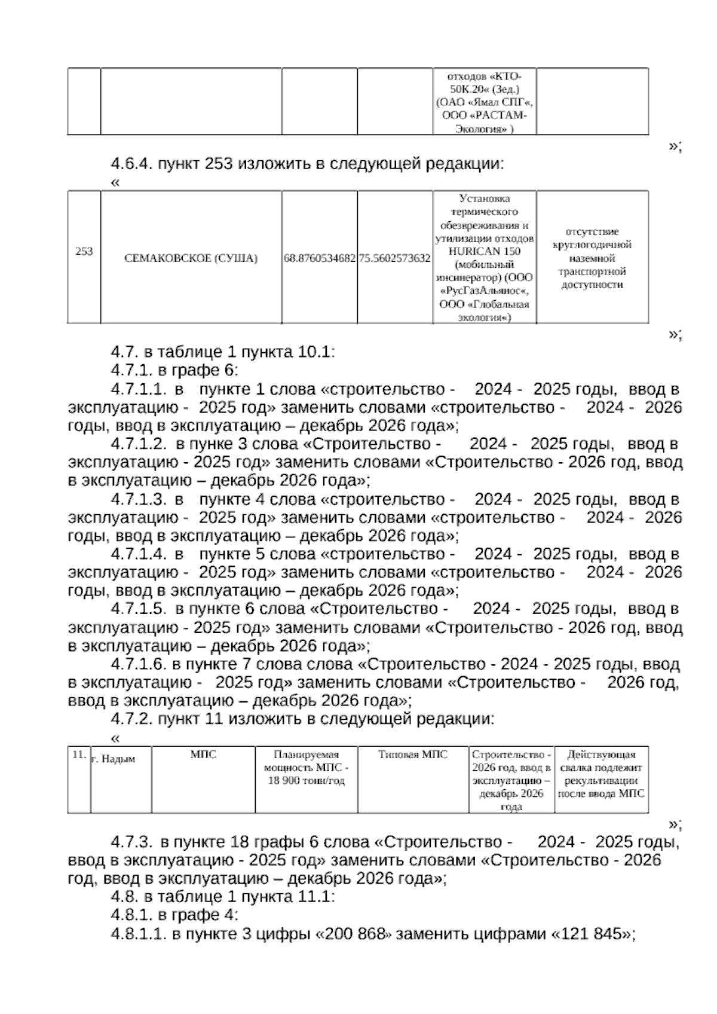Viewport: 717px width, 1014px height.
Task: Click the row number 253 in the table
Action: click(84, 251)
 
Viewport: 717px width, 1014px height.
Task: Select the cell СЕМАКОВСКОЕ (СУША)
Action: click(191, 258)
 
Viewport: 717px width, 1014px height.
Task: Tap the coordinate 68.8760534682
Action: click(320, 258)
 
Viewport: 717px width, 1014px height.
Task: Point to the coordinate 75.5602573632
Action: click(395, 258)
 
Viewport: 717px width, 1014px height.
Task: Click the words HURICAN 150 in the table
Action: click(484, 251)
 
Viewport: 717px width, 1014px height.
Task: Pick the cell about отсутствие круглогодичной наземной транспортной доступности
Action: click(592, 258)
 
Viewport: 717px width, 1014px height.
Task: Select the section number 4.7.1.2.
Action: click(138, 444)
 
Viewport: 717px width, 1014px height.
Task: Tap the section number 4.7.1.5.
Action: click(138, 609)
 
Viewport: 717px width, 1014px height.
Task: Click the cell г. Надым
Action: click(114, 759)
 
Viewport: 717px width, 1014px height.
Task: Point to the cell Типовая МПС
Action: click(413, 755)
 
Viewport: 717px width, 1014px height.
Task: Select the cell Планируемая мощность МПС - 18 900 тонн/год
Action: click(306, 768)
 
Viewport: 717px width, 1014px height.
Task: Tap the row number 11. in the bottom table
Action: click(79, 755)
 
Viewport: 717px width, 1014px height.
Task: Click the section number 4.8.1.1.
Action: click(138, 934)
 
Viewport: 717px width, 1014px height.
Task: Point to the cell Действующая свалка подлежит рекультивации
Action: click(601, 774)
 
